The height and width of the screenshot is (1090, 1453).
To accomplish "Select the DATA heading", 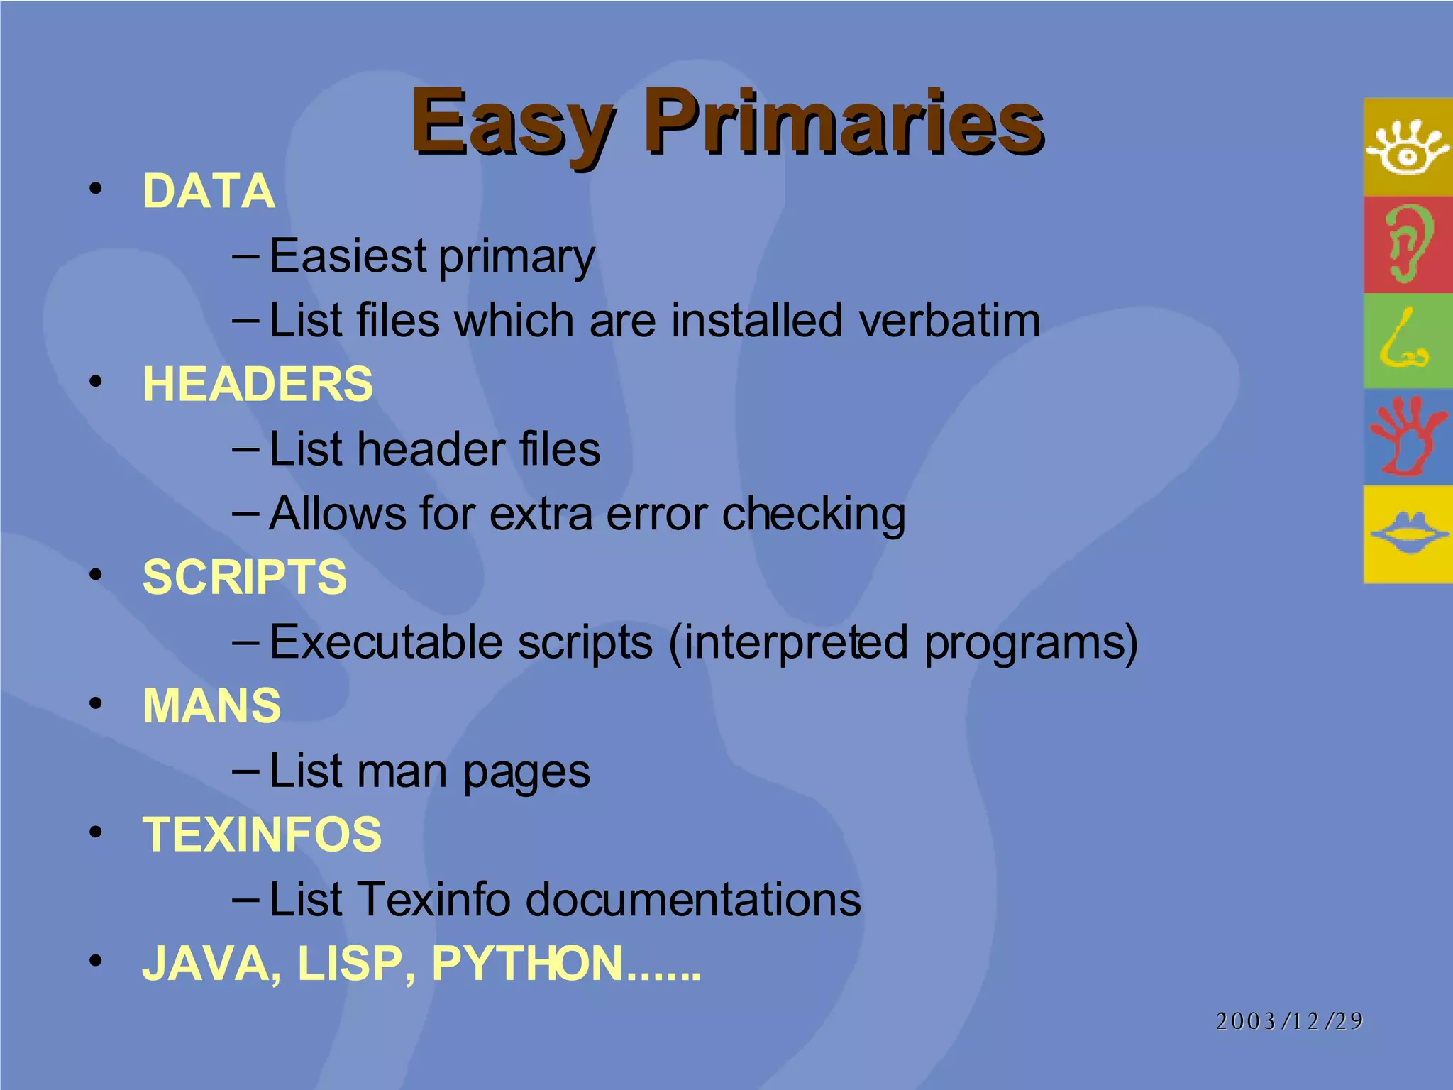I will [209, 192].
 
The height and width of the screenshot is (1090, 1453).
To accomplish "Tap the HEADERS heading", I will [258, 384].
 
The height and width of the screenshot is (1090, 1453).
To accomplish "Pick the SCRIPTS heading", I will [245, 577].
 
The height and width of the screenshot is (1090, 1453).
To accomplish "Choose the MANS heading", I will [211, 706].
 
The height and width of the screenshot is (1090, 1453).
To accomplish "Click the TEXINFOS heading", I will [262, 835].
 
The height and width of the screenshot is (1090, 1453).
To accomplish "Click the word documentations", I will [693, 900].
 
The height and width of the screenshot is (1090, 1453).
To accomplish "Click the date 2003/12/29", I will [1289, 1021].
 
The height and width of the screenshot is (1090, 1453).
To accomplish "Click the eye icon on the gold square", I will [1408, 148].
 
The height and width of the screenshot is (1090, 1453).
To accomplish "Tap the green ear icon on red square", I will [1408, 244].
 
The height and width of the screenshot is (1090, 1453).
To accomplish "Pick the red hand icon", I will [1406, 436].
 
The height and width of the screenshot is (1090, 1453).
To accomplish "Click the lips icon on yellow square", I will [1408, 534].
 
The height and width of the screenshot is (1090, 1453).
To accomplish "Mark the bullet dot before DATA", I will [96, 189].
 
